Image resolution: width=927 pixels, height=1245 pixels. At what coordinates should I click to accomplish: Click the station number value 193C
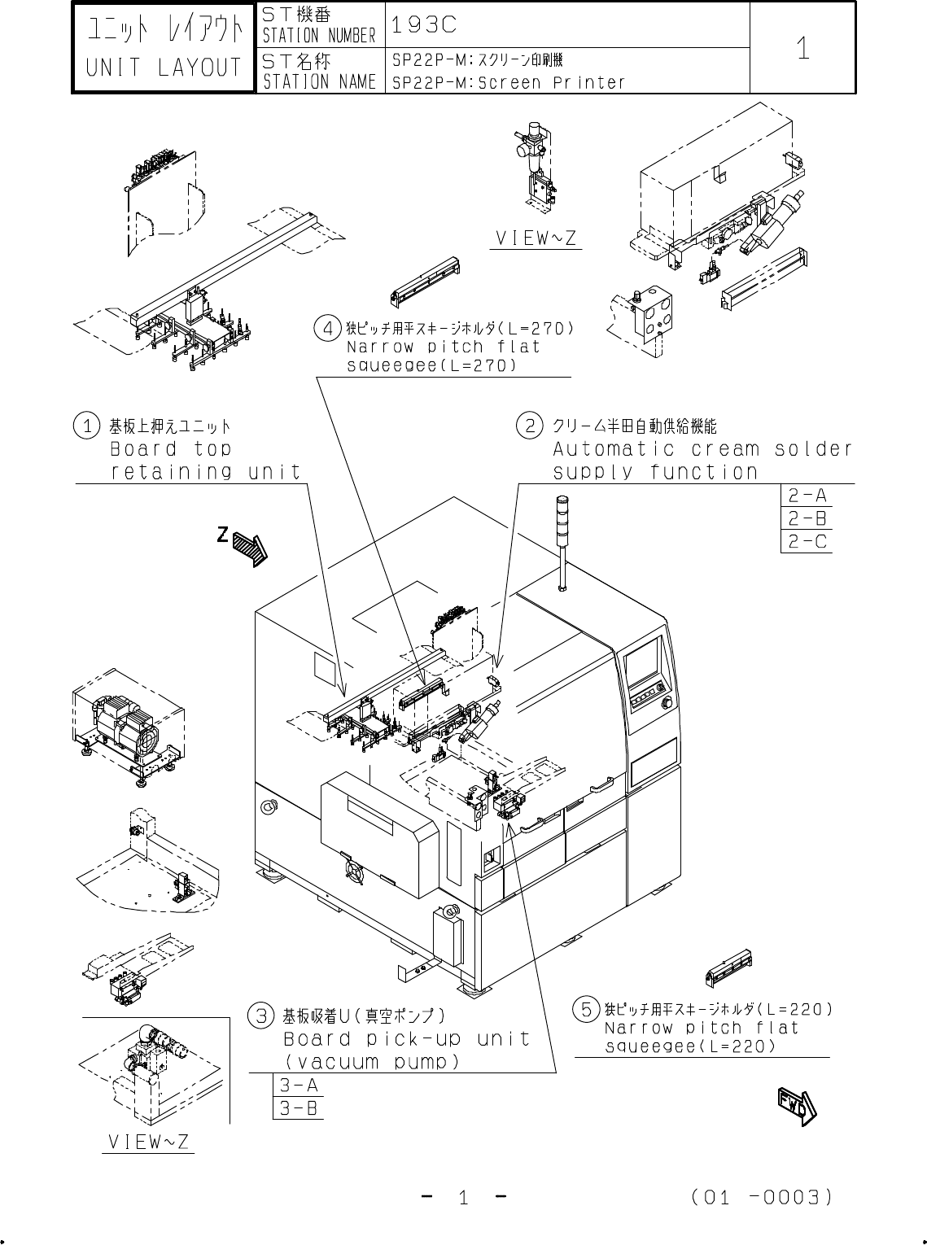click(423, 24)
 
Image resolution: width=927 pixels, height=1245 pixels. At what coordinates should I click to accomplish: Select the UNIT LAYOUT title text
click(164, 68)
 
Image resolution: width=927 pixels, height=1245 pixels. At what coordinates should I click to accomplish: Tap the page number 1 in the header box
click(802, 49)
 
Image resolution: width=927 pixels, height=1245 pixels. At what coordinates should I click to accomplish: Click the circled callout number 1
click(86, 426)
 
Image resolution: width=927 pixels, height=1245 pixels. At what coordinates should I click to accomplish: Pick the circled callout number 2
click(530, 425)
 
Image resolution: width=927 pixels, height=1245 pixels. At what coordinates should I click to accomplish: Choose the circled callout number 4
click(326, 329)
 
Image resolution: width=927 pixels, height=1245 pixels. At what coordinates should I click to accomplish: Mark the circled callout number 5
click(585, 1009)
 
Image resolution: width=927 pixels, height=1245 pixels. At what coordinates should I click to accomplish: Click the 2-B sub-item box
click(807, 518)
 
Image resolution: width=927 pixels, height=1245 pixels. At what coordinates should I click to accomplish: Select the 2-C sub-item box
click(807, 541)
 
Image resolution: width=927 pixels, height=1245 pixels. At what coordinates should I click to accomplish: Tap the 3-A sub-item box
click(298, 1085)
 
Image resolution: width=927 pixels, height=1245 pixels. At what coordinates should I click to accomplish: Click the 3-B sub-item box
click(298, 1107)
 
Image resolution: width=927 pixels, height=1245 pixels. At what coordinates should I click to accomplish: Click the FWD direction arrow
click(794, 1106)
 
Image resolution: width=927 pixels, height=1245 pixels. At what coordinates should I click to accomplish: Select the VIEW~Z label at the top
click(536, 238)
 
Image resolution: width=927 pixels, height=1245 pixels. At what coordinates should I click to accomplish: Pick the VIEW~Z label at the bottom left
click(148, 1142)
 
